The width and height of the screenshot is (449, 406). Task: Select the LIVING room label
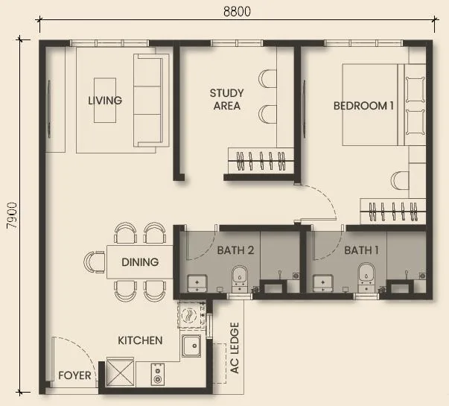105,101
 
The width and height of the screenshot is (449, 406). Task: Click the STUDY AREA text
226,100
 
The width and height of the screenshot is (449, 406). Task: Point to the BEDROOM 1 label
363,106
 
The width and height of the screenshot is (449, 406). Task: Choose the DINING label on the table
140,262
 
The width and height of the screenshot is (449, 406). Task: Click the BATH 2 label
236,250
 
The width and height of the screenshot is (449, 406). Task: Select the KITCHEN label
140,340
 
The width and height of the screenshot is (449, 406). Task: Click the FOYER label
75,375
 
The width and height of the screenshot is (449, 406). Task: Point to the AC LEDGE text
235,358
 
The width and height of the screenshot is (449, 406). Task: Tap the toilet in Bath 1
366,276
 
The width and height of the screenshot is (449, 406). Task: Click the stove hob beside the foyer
158,373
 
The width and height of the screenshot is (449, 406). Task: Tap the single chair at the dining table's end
95,262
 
